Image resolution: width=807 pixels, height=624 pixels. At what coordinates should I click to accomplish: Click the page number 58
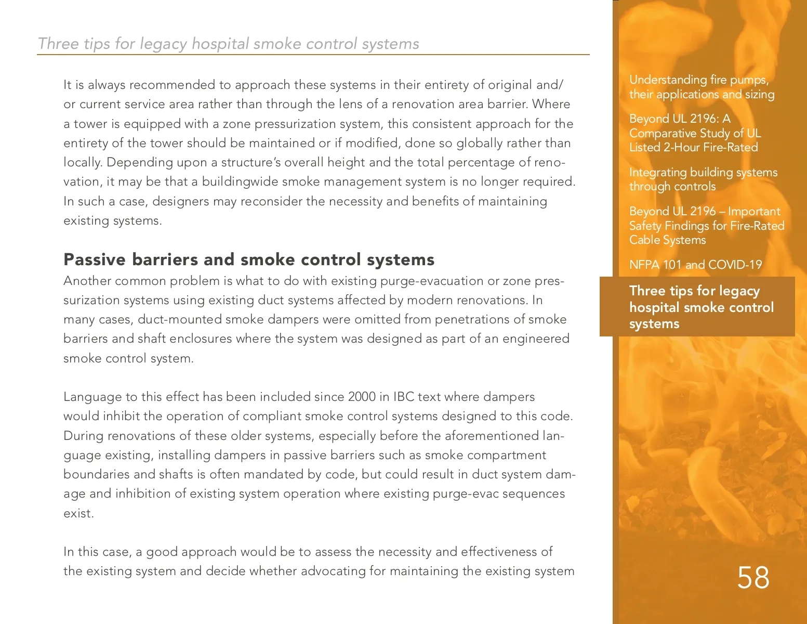pyautogui.click(x=753, y=578)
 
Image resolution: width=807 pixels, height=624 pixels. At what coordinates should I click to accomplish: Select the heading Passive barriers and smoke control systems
pyautogui.click(x=249, y=259)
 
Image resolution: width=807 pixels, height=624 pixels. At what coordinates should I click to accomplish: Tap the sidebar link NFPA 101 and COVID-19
pyautogui.click(x=695, y=265)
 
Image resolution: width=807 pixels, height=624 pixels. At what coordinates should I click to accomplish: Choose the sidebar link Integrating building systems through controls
pyautogui.click(x=703, y=179)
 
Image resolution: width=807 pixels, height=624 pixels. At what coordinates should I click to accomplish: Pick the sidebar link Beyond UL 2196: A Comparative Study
pyautogui.click(x=695, y=133)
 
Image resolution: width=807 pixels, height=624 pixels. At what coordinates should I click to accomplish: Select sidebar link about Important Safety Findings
pyautogui.click(x=706, y=225)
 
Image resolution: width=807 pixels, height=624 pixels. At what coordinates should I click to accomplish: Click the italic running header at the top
pyautogui.click(x=229, y=44)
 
